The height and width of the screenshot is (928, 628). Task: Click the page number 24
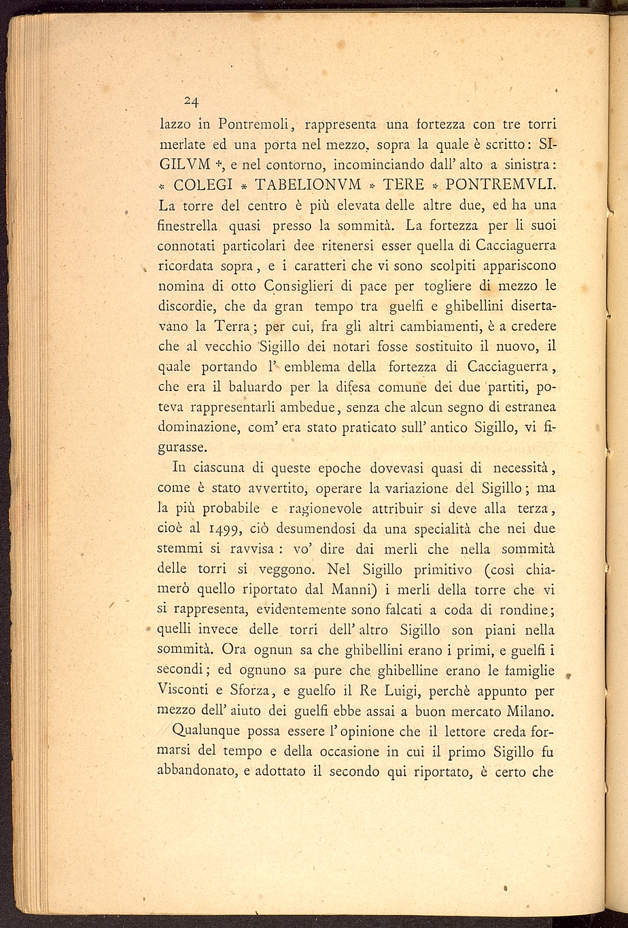point(191,102)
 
